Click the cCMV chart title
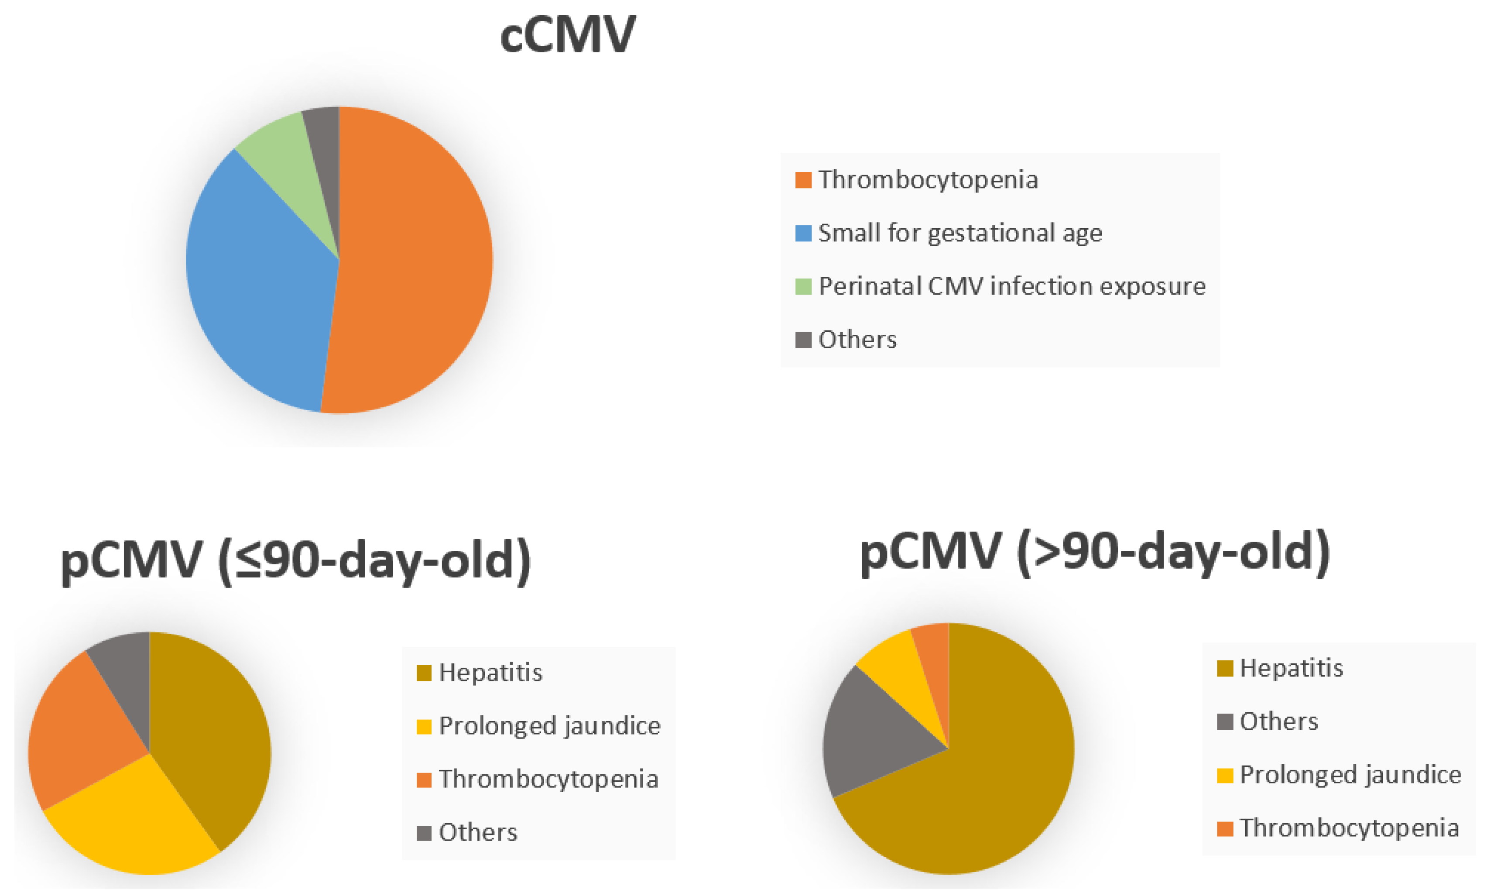(567, 35)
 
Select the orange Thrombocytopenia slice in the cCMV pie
(415, 259)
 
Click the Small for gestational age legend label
(959, 233)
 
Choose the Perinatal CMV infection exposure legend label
(1012, 286)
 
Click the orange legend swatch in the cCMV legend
(803, 180)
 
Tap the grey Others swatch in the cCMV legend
(803, 340)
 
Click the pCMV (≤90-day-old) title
(296, 560)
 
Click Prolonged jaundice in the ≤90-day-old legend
(549, 726)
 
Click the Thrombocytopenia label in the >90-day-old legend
(1349, 828)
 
